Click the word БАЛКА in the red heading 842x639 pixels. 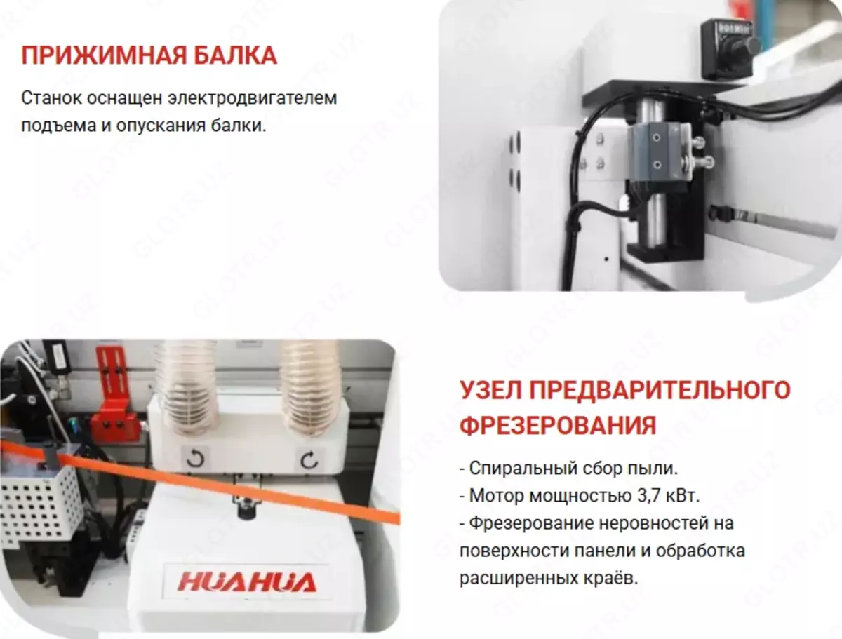(x=235, y=55)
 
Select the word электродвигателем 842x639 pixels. (x=253, y=98)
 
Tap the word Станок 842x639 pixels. (x=51, y=98)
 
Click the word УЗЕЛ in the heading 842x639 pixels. (x=490, y=390)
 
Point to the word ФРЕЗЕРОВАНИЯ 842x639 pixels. (x=558, y=426)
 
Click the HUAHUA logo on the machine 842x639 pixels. (x=247, y=582)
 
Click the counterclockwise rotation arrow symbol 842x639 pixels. (x=195, y=459)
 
